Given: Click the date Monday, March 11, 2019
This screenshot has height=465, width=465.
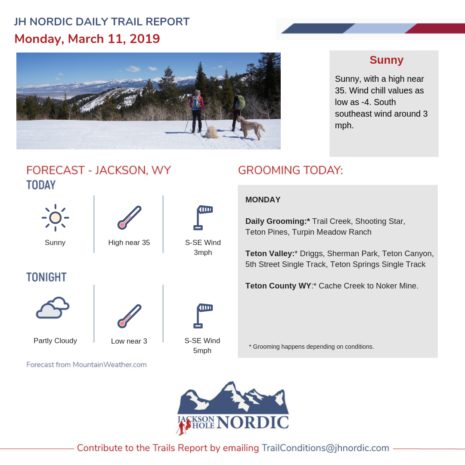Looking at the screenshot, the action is click(87, 39).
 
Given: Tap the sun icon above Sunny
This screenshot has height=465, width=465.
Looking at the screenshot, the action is click(55, 218).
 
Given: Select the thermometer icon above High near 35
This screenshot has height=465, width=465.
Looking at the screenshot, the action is click(130, 217).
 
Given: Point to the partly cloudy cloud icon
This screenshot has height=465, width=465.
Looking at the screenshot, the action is click(53, 307).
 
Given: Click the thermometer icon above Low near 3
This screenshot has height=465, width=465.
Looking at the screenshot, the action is click(130, 316).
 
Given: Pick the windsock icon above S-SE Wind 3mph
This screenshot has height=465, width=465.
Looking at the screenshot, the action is click(203, 217).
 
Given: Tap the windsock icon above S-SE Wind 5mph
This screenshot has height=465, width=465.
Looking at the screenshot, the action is click(203, 316).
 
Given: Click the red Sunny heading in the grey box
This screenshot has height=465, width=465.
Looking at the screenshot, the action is click(386, 60).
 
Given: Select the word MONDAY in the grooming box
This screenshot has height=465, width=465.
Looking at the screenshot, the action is click(263, 200).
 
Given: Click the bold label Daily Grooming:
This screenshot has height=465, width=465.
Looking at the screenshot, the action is click(278, 221).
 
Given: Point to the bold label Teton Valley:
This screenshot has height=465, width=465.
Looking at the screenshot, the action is click(270, 254).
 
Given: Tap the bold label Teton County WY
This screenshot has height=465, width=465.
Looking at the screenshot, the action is click(278, 286).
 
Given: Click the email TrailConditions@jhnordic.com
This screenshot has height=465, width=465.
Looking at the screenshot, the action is click(325, 448).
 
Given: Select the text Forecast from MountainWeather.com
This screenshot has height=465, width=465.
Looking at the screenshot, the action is click(86, 365).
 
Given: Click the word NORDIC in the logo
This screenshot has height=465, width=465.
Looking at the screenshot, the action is click(253, 422).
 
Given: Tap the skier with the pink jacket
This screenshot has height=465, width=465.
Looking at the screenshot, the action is click(196, 111).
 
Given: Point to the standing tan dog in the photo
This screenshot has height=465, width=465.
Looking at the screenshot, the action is click(251, 127).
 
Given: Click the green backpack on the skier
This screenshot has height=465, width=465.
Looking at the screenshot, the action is click(241, 102).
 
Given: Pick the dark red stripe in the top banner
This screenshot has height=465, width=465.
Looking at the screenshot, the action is click(435, 28).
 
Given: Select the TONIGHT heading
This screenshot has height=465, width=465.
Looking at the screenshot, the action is click(46, 277).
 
